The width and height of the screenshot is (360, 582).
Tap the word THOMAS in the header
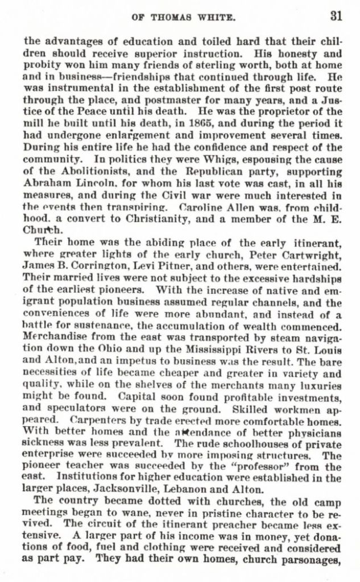point(170,17)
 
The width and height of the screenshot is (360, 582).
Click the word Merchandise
point(53,338)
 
